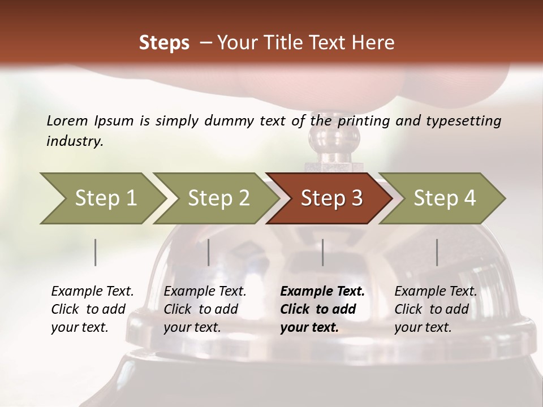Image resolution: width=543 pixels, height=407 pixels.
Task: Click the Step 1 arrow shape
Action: point(102,198)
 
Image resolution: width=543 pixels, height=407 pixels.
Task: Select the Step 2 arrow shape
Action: point(218,198)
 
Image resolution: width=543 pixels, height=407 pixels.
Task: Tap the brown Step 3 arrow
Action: point(331,198)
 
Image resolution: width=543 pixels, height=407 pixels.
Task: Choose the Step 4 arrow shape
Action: point(444,198)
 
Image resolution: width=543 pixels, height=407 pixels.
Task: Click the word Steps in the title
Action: point(164,42)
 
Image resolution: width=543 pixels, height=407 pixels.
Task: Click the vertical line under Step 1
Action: point(96,252)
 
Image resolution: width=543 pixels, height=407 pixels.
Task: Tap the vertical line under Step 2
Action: point(209,252)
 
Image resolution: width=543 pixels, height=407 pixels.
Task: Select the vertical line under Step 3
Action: point(323,252)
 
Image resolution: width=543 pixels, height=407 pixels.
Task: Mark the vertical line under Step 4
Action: point(437,252)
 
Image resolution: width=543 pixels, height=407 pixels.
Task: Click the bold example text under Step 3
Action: point(322,309)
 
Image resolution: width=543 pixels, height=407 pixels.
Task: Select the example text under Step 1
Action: point(92,309)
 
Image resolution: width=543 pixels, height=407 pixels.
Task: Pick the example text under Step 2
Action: point(205,309)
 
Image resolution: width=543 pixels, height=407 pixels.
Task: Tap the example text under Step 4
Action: point(436,309)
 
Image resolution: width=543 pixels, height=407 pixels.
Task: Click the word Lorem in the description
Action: point(67,120)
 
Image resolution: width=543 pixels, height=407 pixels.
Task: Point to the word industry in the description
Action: point(75,141)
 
